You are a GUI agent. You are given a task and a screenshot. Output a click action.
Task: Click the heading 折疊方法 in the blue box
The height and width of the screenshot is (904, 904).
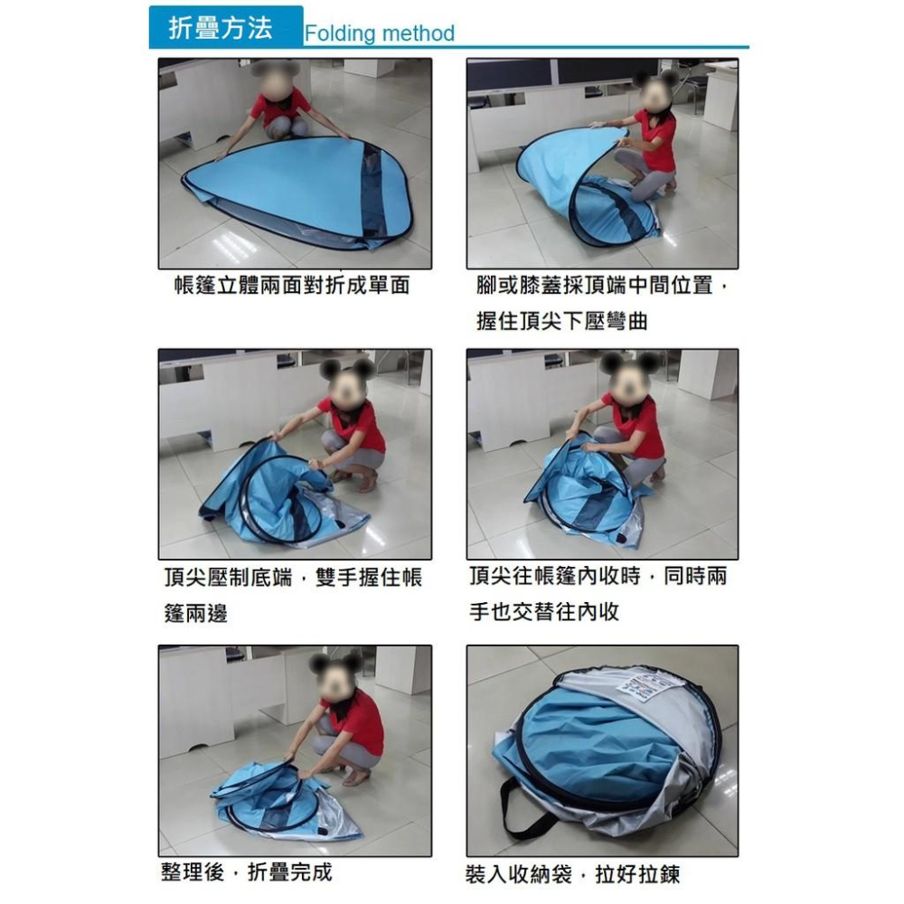point(221,28)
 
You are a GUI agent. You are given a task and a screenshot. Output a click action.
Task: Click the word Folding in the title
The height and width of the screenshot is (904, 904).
point(340,33)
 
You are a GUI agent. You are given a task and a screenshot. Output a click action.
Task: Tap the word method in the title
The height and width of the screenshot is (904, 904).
point(418,33)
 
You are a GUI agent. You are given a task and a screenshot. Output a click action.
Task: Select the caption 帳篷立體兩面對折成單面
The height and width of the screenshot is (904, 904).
point(292,285)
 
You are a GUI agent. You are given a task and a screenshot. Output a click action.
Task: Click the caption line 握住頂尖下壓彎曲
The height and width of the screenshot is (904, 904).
point(562,321)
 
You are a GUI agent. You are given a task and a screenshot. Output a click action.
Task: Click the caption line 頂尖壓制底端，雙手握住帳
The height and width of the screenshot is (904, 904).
point(293,577)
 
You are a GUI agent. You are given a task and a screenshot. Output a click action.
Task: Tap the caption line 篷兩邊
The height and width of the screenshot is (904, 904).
point(195,613)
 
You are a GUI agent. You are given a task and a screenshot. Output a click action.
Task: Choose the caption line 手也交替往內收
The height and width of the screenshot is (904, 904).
point(544,611)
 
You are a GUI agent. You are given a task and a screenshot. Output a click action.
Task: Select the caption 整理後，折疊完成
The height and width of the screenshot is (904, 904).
point(247,871)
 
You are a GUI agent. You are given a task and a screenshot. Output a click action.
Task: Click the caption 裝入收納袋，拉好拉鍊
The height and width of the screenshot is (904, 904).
point(573,874)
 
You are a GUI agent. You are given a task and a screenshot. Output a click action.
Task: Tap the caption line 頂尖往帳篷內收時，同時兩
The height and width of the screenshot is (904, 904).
point(598,575)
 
